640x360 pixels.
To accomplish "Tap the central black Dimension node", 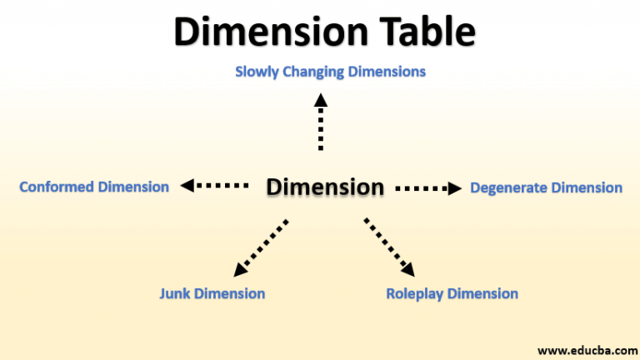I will click(325, 187).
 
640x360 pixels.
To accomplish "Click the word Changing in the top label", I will click(313, 72).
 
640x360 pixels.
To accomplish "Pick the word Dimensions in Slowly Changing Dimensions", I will click(387, 72).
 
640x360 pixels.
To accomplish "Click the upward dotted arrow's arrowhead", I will click(321, 100).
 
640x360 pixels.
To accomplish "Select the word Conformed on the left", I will click(57, 187).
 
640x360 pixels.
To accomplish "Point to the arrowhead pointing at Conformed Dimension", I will click(188, 186).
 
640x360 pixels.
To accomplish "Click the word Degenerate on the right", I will click(508, 188).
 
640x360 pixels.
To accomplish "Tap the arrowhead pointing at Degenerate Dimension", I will click(454, 188).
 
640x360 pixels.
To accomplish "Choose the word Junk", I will click(175, 293).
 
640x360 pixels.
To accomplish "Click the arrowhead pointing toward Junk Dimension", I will click(240, 269).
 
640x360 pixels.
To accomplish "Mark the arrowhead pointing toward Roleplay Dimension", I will click(407, 268).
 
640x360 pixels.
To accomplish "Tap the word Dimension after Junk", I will click(229, 293).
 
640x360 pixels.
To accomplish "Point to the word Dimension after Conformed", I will click(133, 187).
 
